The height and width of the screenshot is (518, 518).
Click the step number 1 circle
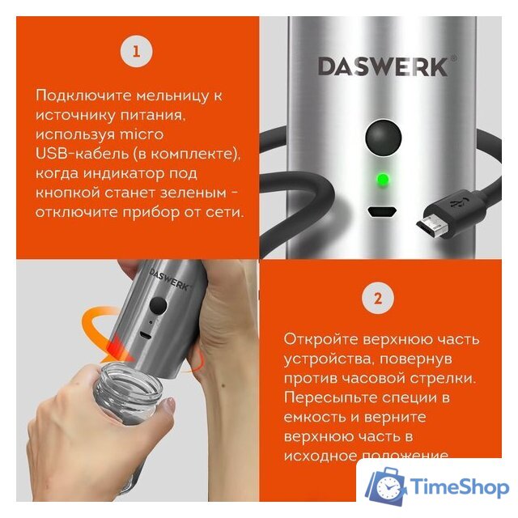coord(136,53)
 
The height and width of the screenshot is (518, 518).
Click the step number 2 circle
coord(377,299)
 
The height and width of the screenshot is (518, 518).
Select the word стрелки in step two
coord(448,378)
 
